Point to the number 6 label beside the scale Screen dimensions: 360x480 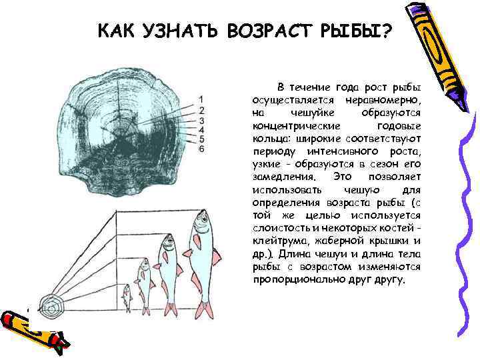(x=201, y=149)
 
